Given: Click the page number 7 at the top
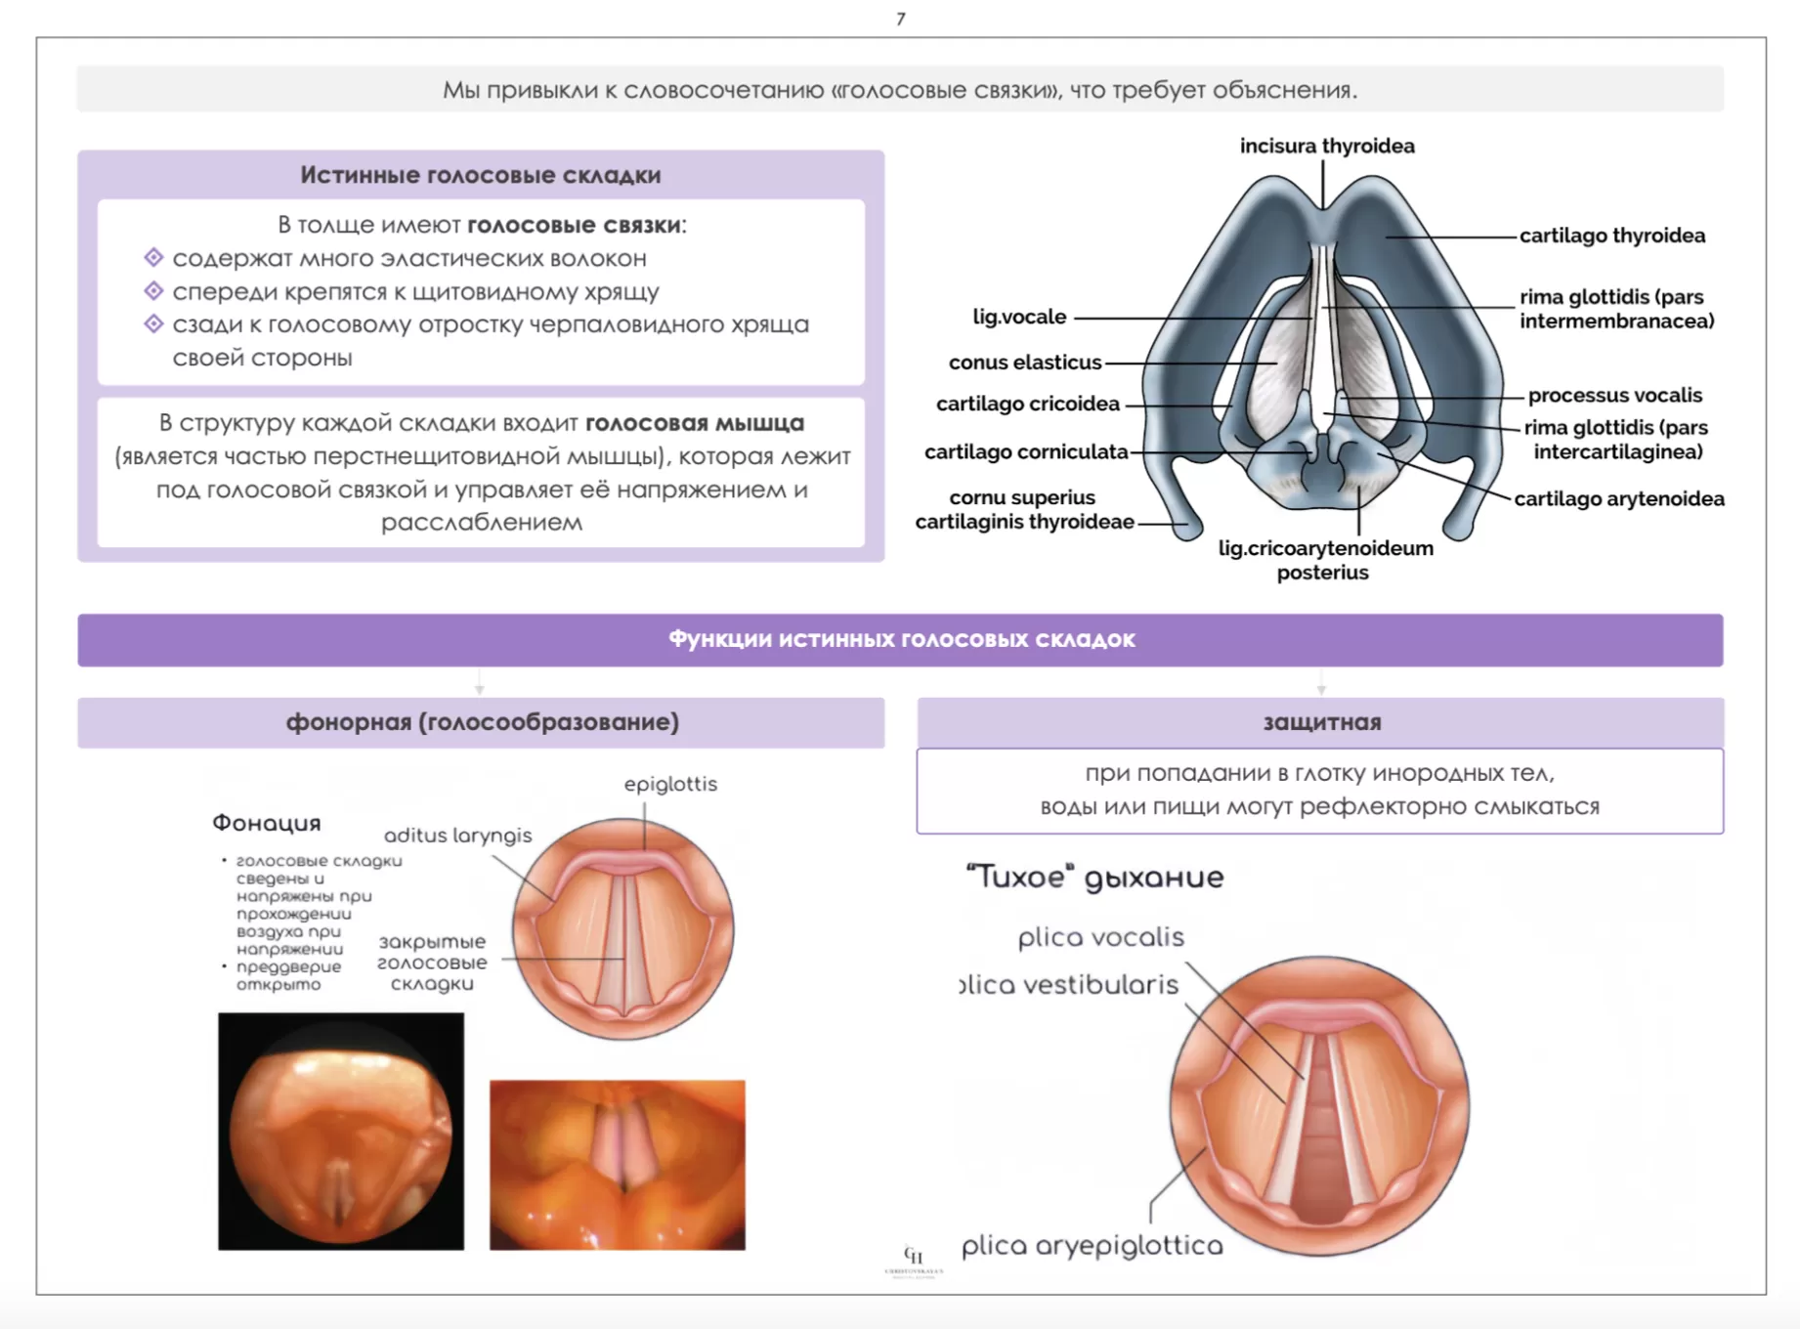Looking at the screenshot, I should tap(900, 19).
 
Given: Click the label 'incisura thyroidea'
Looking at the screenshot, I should tap(1326, 147).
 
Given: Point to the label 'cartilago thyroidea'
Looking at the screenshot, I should tap(1611, 236).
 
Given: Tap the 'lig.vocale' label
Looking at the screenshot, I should tap(1018, 317).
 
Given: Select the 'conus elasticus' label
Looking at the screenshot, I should tap(1024, 363).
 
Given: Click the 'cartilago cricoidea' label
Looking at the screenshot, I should tap(1027, 404).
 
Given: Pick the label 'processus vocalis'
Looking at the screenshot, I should tap(1614, 395).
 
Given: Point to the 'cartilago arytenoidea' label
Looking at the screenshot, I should tap(1618, 498).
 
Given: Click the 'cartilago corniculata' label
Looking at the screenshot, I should tap(1025, 451).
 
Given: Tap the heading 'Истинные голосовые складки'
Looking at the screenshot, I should tap(480, 175).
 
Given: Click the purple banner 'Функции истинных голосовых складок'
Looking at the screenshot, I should tap(900, 639).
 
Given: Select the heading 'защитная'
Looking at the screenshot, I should tap(1321, 722).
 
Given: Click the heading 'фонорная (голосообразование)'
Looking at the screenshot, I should tap(482, 722).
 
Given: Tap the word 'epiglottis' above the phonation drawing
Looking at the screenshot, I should tap(670, 784).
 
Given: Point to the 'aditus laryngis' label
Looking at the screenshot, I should tap(457, 836).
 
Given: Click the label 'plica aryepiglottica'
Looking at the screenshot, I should tap(1092, 1246).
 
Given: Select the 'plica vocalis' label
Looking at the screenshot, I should tap(1100, 937).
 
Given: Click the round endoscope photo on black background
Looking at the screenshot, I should tap(340, 1132).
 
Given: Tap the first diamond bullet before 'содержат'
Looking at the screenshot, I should tap(153, 258).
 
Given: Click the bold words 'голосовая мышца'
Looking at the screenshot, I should tap(694, 423).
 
